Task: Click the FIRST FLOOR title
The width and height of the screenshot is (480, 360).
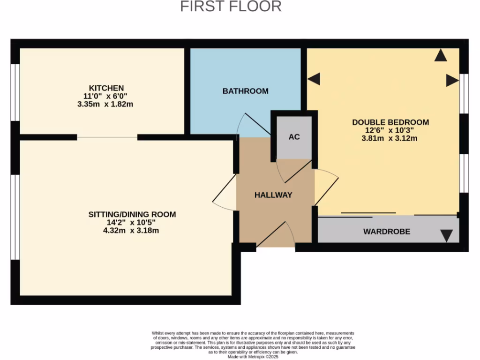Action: point(231,7)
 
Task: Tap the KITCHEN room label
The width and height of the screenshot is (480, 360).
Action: point(106,88)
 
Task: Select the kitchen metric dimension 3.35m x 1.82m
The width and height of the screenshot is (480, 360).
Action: point(105,104)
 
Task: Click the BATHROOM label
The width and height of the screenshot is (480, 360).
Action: point(245,91)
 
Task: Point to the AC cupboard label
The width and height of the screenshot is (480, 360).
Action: point(294,137)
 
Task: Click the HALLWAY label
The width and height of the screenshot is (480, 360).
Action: point(273,195)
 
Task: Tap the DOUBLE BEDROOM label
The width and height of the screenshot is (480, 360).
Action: point(390,122)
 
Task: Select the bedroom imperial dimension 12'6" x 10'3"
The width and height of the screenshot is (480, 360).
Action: point(390,130)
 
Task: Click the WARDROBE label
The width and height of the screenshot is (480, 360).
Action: point(387,232)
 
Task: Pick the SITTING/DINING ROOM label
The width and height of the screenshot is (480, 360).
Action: point(132,215)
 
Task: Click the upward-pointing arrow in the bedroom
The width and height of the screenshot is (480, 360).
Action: point(440,55)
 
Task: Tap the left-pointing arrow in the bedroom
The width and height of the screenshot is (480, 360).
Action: point(314,79)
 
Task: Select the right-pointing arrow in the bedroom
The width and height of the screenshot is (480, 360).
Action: point(452,80)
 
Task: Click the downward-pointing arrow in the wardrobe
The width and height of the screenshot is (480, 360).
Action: point(447,235)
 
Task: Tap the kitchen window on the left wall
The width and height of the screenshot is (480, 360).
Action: point(15,92)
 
